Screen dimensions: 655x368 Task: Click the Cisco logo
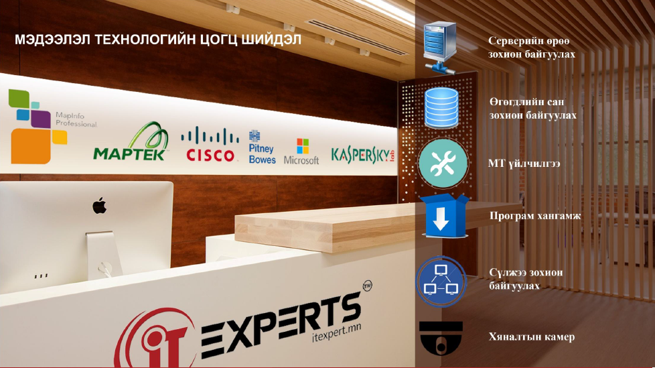tap(210, 145)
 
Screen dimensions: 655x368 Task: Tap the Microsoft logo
tap(301, 151)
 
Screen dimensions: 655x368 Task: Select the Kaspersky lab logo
tap(362, 154)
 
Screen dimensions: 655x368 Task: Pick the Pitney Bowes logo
tap(262, 147)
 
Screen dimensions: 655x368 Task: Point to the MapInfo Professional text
tap(76, 119)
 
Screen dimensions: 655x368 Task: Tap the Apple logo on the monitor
tap(99, 206)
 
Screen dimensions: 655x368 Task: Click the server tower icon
tap(440, 48)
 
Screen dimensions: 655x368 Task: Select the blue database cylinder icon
tap(441, 109)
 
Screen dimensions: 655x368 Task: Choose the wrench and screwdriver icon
tap(443, 163)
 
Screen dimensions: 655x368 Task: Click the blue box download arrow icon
tap(443, 217)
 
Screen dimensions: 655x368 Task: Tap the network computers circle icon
tap(441, 282)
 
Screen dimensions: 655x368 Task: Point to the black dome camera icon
tap(441, 337)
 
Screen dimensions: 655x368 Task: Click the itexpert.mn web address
tap(337, 332)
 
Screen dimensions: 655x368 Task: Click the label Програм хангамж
tap(535, 217)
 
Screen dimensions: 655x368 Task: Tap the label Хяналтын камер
tap(532, 336)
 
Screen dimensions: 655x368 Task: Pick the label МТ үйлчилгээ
tap(524, 164)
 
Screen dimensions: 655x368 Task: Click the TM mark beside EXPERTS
tap(367, 286)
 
